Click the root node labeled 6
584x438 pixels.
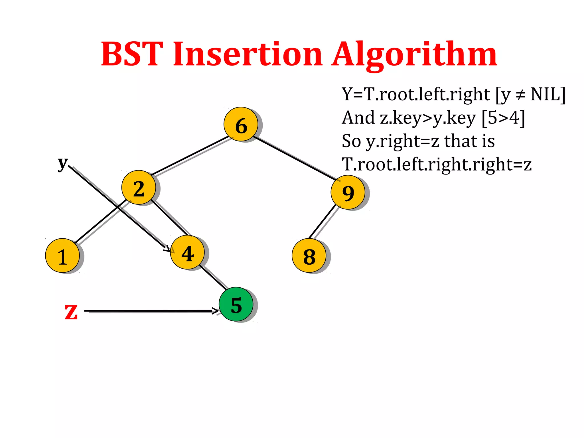coord(241,124)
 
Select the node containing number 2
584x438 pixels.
coord(139,188)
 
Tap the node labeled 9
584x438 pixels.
coord(348,192)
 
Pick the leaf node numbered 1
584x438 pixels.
coord(62,255)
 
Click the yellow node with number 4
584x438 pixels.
coord(187,253)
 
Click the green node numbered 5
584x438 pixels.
coord(236,304)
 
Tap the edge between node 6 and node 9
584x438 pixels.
coord(295,158)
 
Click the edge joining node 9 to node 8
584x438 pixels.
coord(323,222)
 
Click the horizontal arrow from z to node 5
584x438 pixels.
coord(151,311)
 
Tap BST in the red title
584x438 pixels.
coord(132,54)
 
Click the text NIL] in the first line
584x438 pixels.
coord(548,94)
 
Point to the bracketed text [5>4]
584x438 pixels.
coord(503,118)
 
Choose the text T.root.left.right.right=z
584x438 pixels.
coord(437,165)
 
